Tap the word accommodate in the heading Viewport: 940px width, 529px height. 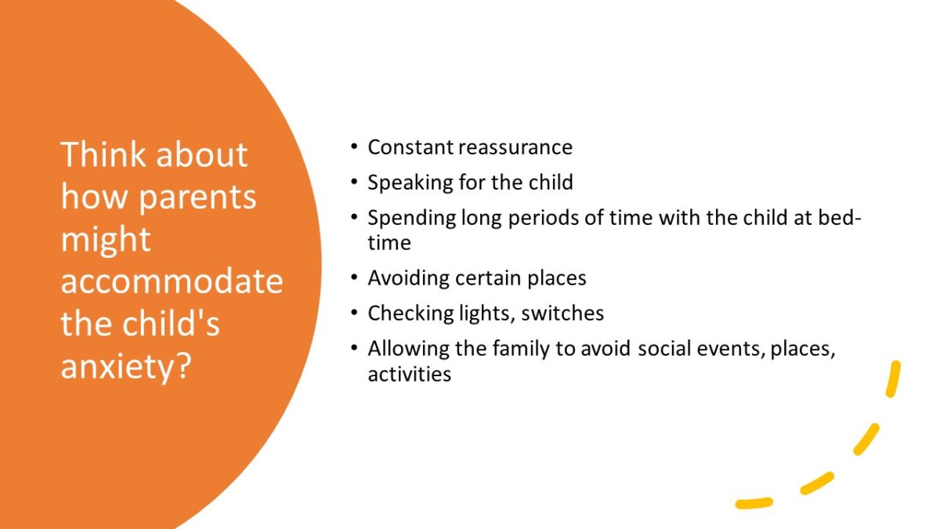172,281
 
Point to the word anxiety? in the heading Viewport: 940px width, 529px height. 126,365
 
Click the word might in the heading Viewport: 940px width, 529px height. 106,239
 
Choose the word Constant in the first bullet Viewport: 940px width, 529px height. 411,147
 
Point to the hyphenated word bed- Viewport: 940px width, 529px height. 840,218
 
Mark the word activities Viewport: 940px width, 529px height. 409,375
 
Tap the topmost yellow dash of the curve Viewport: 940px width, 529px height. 892,379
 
